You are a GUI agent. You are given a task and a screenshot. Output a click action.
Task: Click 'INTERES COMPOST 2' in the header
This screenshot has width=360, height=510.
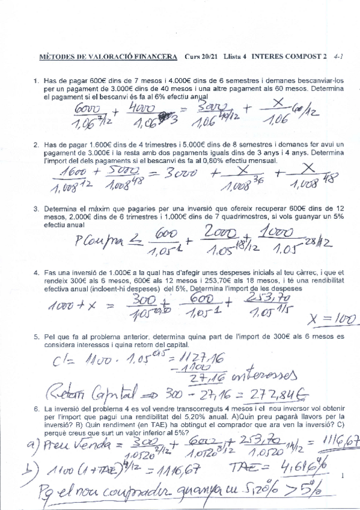click(x=289, y=57)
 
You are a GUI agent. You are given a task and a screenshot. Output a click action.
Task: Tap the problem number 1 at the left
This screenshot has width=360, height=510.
click(x=37, y=81)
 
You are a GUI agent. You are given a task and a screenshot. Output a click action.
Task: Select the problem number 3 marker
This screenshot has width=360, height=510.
click(x=37, y=209)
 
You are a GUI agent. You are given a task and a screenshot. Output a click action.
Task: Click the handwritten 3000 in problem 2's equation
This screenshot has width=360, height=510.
click(x=194, y=173)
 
